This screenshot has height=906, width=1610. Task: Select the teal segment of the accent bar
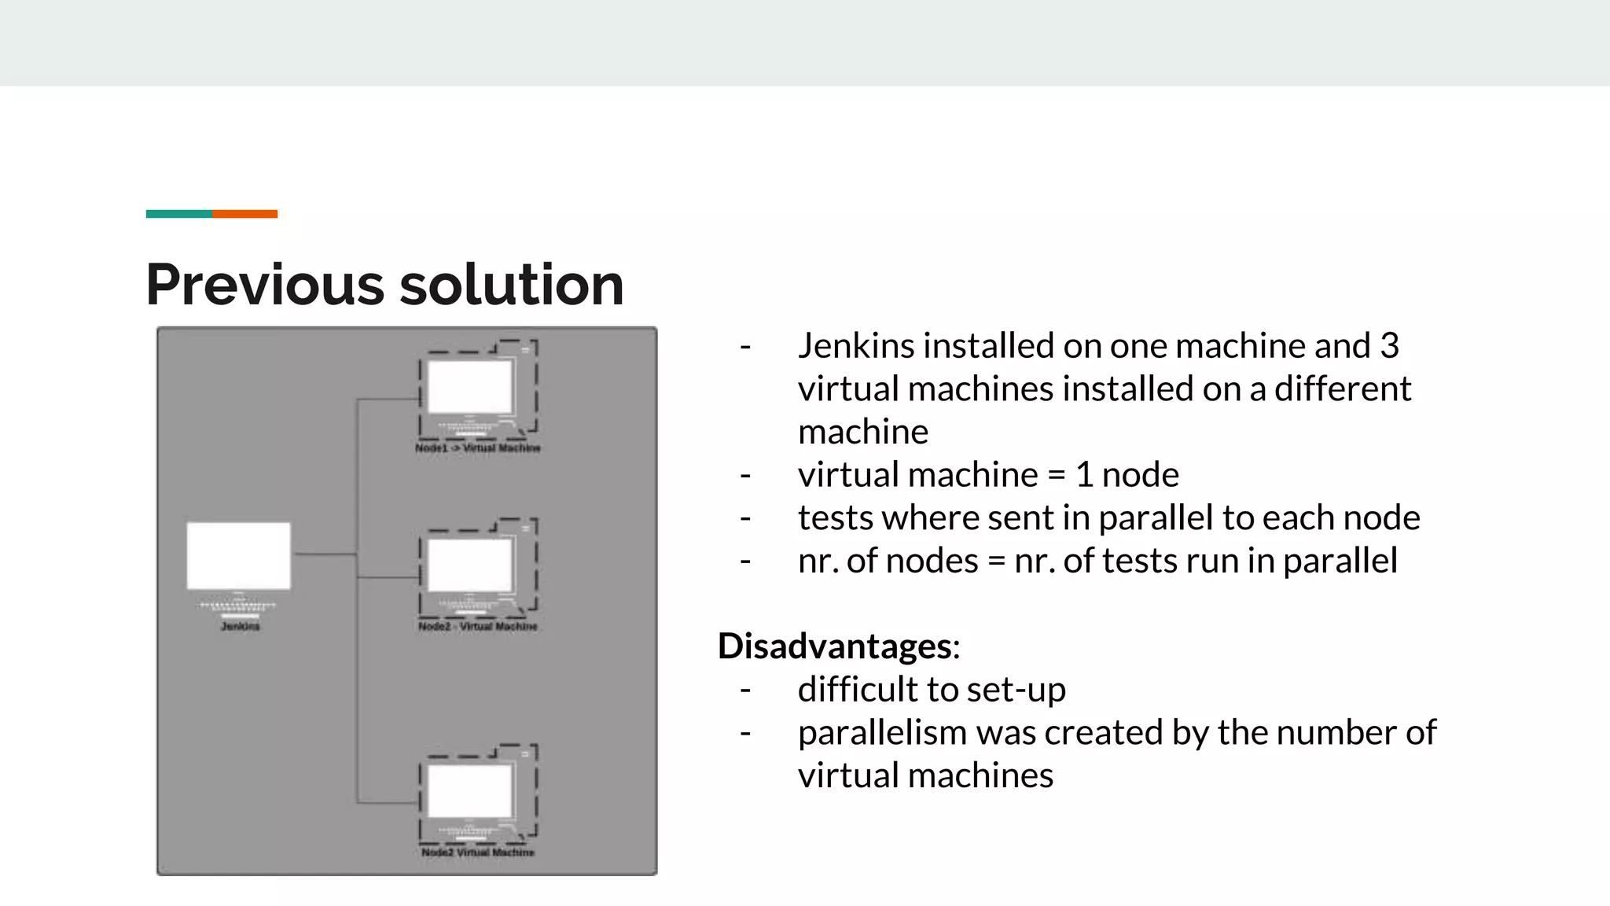click(x=178, y=214)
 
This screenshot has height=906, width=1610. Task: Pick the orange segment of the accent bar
click(x=244, y=214)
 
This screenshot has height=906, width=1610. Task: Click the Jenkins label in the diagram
click(x=240, y=627)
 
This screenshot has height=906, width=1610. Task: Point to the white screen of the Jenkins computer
click(x=238, y=555)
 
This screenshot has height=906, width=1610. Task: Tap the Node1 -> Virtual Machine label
click(x=477, y=448)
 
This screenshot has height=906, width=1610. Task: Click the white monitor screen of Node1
click(x=469, y=387)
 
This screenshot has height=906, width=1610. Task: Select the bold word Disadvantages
click(x=834, y=646)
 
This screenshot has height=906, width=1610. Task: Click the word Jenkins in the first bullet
click(x=855, y=346)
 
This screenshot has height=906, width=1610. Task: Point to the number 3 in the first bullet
click(x=1389, y=346)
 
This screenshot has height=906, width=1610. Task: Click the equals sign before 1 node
click(x=1057, y=475)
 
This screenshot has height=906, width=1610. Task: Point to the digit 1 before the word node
click(x=1084, y=475)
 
